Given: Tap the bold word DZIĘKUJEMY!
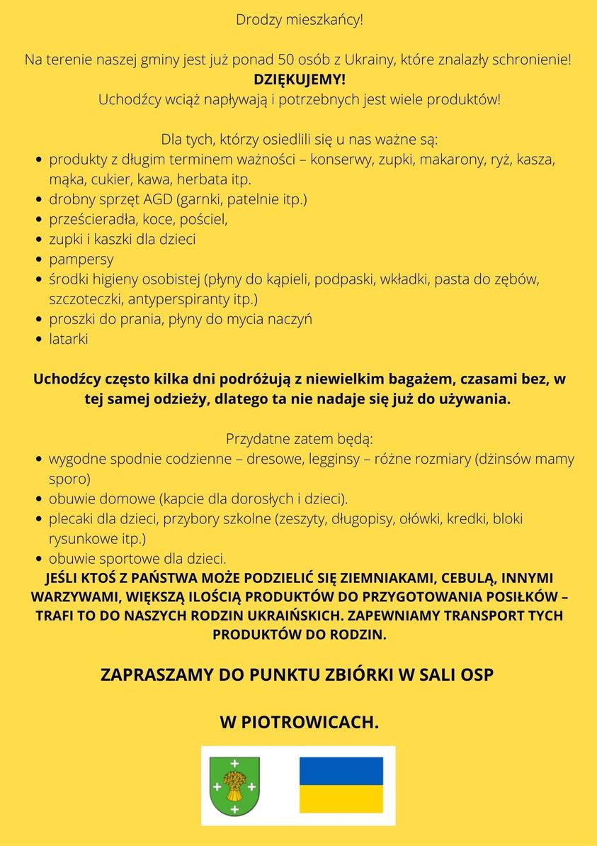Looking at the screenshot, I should (x=299, y=79).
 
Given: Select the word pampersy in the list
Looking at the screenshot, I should (x=81, y=260).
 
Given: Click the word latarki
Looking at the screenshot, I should (x=68, y=339).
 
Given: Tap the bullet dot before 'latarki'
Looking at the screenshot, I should (x=40, y=340).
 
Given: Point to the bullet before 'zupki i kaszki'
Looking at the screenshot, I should (x=40, y=240).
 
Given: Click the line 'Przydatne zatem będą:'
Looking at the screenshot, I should (x=299, y=439).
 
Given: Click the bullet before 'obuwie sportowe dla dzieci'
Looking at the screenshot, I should (x=40, y=559).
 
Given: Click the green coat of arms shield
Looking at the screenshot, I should (x=234, y=786).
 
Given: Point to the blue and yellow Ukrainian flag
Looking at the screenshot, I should (x=341, y=785).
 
